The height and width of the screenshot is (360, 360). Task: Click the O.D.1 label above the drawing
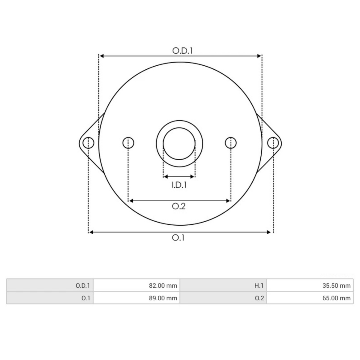[182, 50]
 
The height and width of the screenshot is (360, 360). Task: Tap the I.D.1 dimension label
[179, 185]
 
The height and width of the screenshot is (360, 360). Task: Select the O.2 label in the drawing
[178, 206]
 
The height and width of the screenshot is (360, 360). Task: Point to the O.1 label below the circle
[178, 238]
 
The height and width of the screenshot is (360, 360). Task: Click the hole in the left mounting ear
[88, 143]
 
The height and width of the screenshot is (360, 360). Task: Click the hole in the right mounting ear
[273, 143]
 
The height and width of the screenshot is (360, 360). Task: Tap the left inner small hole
[128, 143]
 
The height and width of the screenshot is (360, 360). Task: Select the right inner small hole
[230, 143]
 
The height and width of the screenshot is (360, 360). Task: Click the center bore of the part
[179, 143]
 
